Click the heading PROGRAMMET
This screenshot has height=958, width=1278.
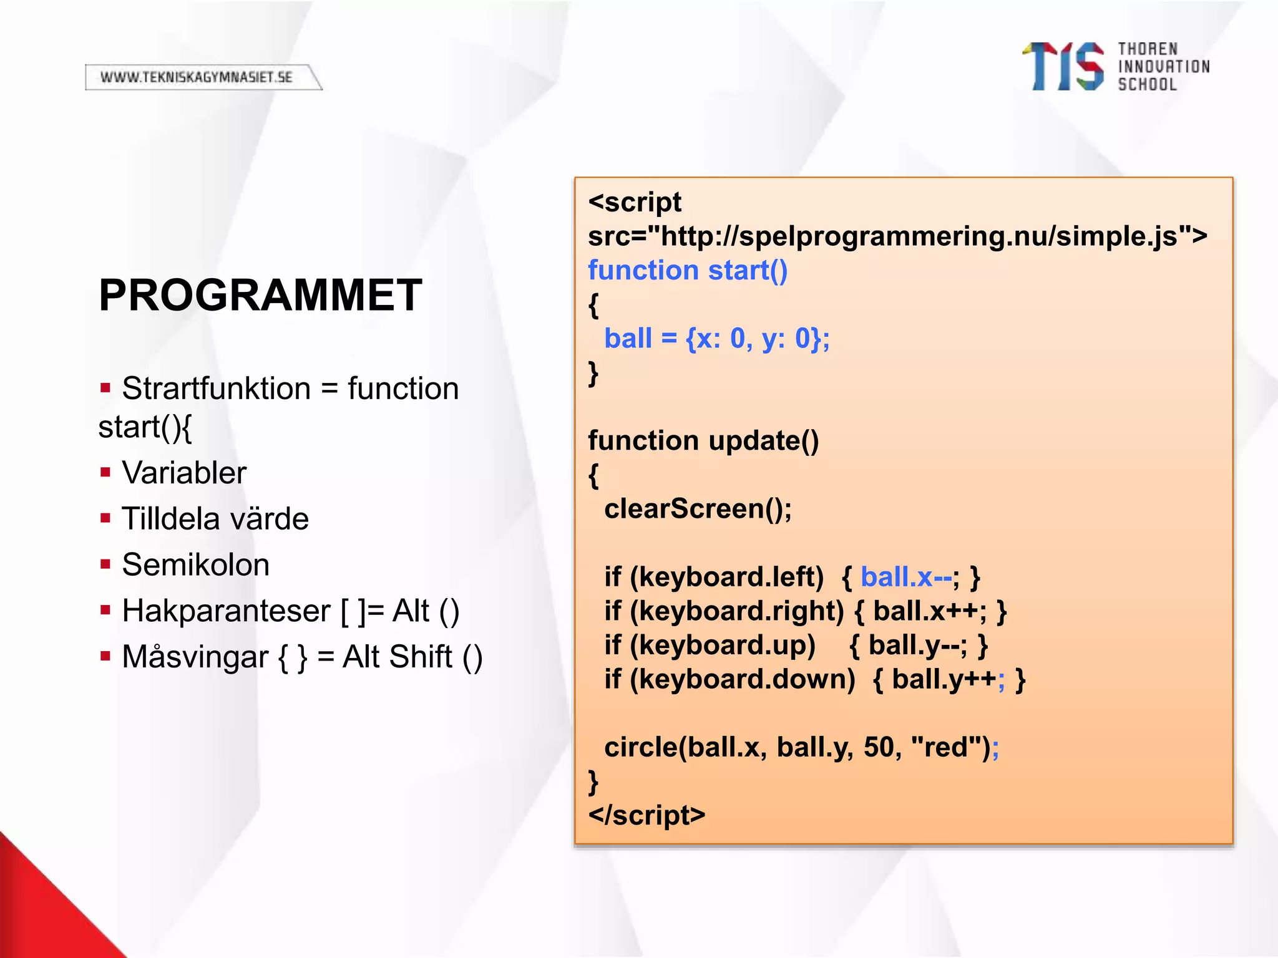(x=260, y=296)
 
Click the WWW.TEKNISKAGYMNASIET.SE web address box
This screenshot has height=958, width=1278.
(x=198, y=77)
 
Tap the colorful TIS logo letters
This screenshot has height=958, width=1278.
(x=1063, y=67)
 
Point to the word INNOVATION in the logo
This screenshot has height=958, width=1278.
(x=1163, y=67)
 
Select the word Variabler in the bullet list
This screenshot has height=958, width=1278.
(x=184, y=473)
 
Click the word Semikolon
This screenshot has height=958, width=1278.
(x=195, y=565)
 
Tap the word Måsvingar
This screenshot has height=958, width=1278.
(x=195, y=657)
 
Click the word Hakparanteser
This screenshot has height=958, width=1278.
(x=226, y=611)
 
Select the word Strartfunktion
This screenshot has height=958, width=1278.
(x=216, y=389)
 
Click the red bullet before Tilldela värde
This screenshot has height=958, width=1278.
(x=105, y=518)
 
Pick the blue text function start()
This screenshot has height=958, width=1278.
(x=687, y=271)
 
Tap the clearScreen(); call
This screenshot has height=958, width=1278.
(x=698, y=509)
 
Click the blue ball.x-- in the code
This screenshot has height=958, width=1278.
(x=905, y=577)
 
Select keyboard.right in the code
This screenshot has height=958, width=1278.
(x=741, y=611)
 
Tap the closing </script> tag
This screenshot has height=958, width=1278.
(x=646, y=815)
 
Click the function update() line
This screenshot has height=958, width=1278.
(x=703, y=441)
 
